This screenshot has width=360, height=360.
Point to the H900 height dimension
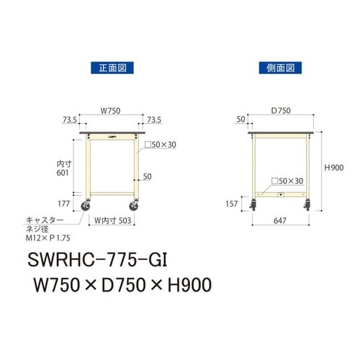coord(333,167)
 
